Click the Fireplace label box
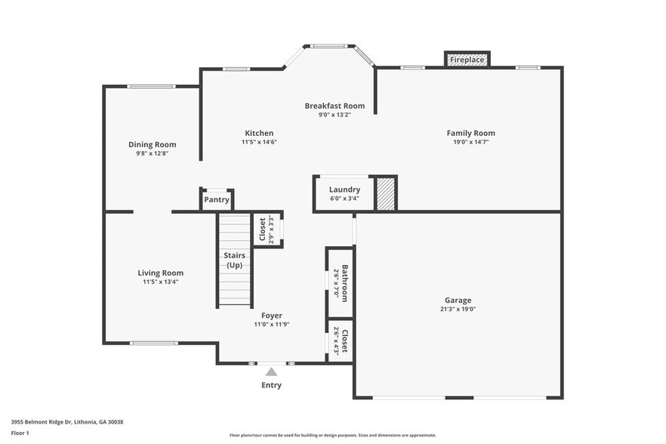pyautogui.click(x=467, y=60)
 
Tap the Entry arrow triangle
pyautogui.click(x=271, y=371)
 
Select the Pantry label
pyautogui.click(x=217, y=200)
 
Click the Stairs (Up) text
pyautogui.click(x=234, y=261)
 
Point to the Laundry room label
pyautogui.click(x=344, y=190)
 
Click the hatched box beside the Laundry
pyautogui.click(x=386, y=193)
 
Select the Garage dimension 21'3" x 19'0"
pyautogui.click(x=458, y=309)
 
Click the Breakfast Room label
pyautogui.click(x=335, y=106)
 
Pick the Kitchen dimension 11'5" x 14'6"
pyautogui.click(x=259, y=142)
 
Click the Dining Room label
pyautogui.click(x=152, y=144)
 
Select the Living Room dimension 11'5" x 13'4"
pyautogui.click(x=160, y=282)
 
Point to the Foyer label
pyautogui.click(x=272, y=316)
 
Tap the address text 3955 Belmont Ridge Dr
pyautogui.click(x=66, y=422)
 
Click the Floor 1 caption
pyautogui.click(x=20, y=433)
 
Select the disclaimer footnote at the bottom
pyautogui.click(x=332, y=435)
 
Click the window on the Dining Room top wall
pyautogui.click(x=152, y=86)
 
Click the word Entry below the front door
pyautogui.click(x=271, y=385)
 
